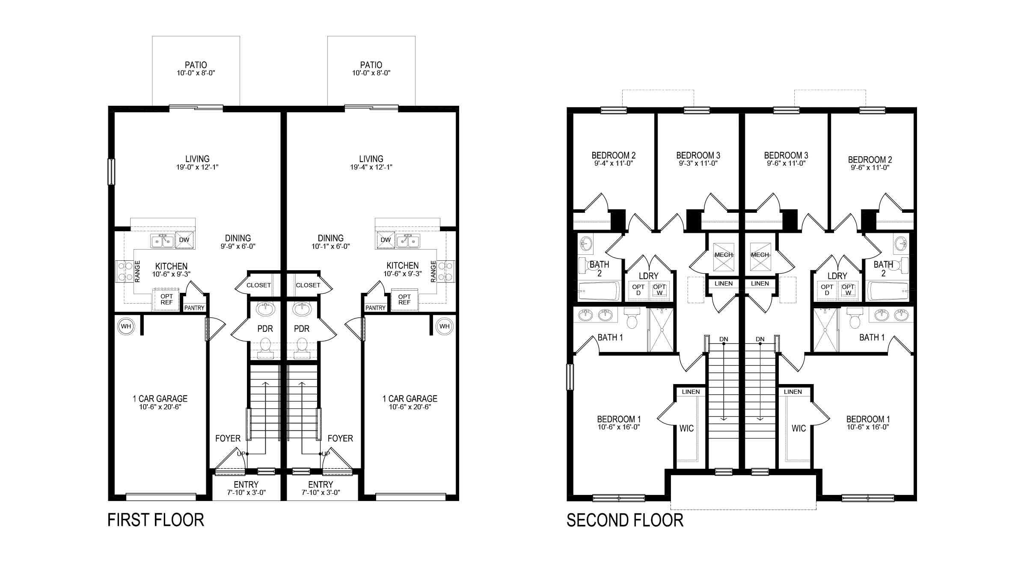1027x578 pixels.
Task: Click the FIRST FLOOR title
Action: coord(156,520)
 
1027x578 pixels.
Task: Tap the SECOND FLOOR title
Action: coord(625,520)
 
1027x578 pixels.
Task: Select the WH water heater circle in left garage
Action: coord(125,327)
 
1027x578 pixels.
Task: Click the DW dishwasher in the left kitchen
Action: coord(184,240)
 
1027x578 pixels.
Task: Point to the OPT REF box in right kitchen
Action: coord(404,299)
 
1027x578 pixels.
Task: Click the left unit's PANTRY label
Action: coord(194,308)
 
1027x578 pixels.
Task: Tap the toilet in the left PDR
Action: coord(266,345)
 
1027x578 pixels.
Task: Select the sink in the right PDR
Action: coord(303,308)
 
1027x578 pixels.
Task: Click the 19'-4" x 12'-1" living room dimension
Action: coord(371,167)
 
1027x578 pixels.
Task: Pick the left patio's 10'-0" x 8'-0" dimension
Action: coord(196,73)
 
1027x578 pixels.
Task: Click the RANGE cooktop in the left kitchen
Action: coord(125,271)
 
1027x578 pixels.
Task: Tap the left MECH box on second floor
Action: coord(724,255)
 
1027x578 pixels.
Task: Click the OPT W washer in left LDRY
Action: coord(659,290)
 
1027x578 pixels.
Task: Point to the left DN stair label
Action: coord(723,340)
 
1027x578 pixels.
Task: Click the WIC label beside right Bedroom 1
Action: coord(798,428)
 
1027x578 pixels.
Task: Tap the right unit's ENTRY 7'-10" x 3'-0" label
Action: coord(321,488)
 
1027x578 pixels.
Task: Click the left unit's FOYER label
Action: coord(228,438)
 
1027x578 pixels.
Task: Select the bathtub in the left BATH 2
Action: coord(599,291)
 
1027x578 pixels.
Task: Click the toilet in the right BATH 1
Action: coord(855,321)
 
